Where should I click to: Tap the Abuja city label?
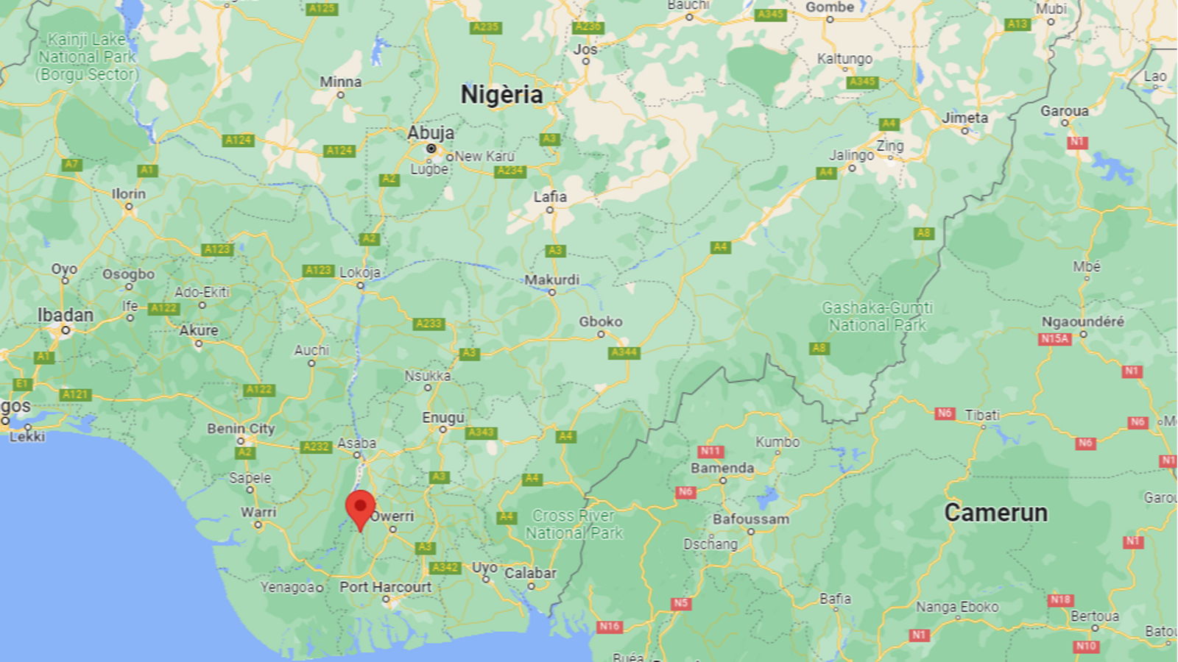pos(431,133)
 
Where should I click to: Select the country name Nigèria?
pos(501,95)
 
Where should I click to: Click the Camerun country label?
pos(995,513)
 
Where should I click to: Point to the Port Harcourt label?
pos(385,587)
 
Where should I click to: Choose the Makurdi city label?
pos(551,280)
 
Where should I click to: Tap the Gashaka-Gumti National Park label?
pos(877,316)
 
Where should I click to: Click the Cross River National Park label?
pos(574,524)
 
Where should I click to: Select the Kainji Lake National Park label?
pos(87,57)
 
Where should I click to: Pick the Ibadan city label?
pos(66,315)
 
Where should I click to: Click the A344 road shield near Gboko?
pos(624,352)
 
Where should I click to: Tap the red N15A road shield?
pos(1054,338)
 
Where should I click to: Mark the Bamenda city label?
pos(722,468)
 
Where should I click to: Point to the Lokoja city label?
pos(360,272)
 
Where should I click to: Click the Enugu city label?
pos(443,417)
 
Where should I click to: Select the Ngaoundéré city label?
pos(1082,321)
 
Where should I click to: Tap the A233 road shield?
pos(428,324)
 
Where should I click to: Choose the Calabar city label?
pos(530,573)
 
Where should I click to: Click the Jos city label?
pos(585,49)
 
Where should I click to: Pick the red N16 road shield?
pos(609,627)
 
